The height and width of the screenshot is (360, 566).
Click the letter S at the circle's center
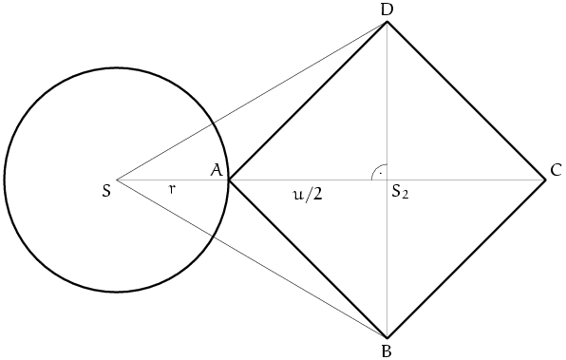pos(106,191)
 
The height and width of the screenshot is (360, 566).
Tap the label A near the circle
pos(217,170)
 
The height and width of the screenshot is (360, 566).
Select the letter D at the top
pos(387,10)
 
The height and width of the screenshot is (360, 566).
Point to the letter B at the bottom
pos(387,351)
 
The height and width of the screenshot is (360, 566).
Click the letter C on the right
pos(556,170)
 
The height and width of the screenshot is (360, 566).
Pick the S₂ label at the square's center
pos(401,192)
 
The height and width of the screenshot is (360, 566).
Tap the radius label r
pos(173,189)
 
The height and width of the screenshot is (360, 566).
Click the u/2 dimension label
pos(307,195)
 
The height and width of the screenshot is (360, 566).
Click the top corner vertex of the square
pos(387,22)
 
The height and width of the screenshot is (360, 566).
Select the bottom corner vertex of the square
pos(387,338)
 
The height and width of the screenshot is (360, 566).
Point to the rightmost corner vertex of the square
pos(545,180)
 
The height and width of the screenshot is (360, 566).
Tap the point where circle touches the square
pos(229,180)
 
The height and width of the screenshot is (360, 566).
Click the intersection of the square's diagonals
pos(387,180)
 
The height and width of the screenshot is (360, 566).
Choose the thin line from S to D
pos(252,101)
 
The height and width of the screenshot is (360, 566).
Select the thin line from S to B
pos(252,258)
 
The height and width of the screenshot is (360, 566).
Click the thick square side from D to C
pos(466,101)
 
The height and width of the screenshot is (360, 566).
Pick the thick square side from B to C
pos(466,258)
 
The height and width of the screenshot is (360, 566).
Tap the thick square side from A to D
pos(308,101)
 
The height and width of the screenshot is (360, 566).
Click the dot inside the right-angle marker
pos(381,173)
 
